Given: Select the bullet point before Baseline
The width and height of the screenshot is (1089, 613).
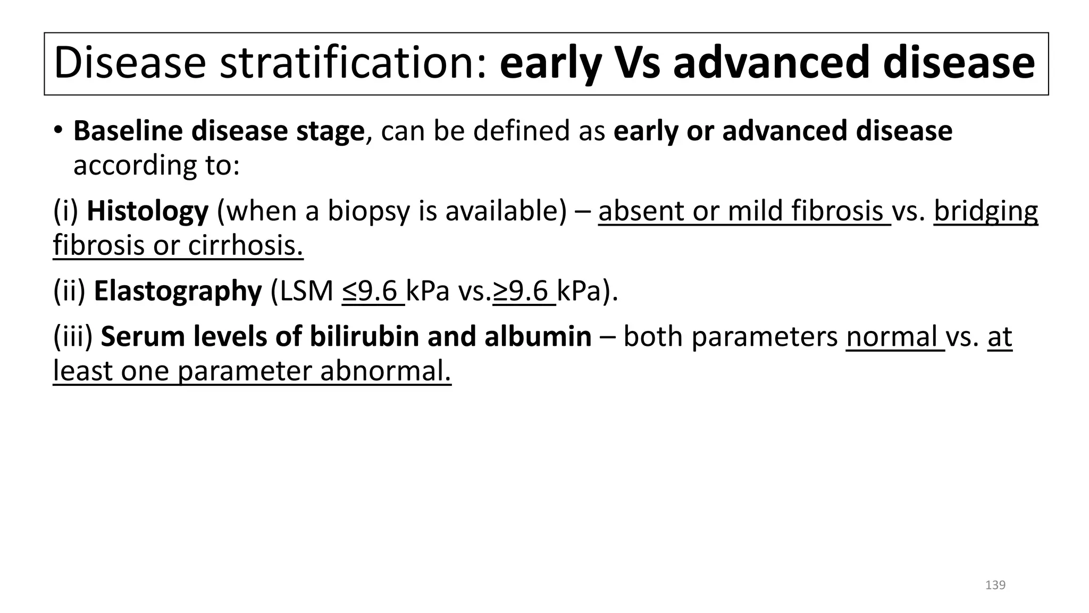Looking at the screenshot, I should coord(58,130).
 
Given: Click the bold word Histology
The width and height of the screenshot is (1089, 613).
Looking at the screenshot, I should coord(147,211).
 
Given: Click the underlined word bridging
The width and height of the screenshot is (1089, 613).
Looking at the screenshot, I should coord(985,212).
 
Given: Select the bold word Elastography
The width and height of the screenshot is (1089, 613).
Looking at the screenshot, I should coord(178,291).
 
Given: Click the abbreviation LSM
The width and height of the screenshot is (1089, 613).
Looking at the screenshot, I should coord(306,291).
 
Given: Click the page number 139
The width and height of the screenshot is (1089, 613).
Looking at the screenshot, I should coord(995,585).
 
